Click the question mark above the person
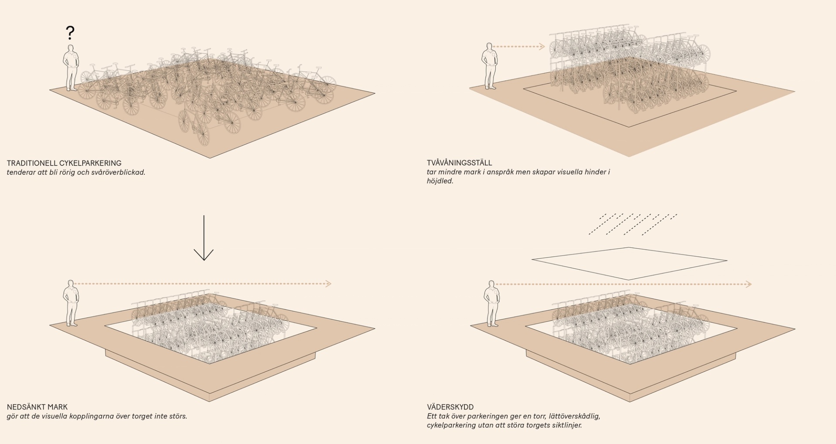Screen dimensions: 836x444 (70, 33)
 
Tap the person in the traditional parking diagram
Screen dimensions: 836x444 (71, 68)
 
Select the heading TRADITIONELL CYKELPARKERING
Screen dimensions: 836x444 (64, 163)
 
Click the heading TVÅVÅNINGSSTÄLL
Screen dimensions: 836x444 (459, 163)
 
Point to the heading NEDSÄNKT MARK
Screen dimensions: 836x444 (37, 407)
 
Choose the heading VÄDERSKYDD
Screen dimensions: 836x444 (450, 407)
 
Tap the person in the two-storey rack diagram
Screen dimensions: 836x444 (490, 66)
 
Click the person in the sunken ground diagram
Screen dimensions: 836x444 (71, 303)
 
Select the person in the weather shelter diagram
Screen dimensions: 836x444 (492, 304)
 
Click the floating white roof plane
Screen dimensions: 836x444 (629, 263)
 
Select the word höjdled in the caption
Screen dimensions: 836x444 (440, 181)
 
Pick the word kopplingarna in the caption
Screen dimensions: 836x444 (93, 416)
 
